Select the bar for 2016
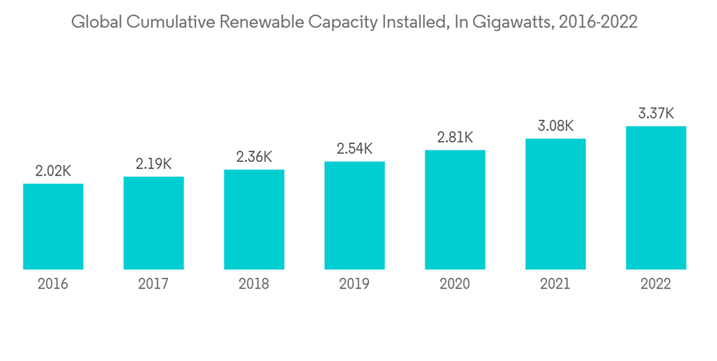pyautogui.click(x=53, y=226)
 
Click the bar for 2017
pyautogui.click(x=153, y=223)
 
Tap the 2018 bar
pyautogui.click(x=254, y=219)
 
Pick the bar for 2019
pyautogui.click(x=354, y=215)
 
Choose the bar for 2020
pyautogui.click(x=455, y=209)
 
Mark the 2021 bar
pyautogui.click(x=555, y=203)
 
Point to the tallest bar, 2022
pyautogui.click(x=656, y=198)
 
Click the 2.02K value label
pyautogui.click(x=53, y=171)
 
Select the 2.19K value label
pyautogui.click(x=153, y=164)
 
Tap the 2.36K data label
pyautogui.click(x=254, y=157)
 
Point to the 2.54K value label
pyautogui.click(x=354, y=149)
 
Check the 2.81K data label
pyautogui.click(x=455, y=138)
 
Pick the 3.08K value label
pyautogui.click(x=555, y=126)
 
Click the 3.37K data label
pyautogui.click(x=656, y=114)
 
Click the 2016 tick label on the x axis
pyautogui.click(x=53, y=284)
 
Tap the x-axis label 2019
pyautogui.click(x=354, y=284)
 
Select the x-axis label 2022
pyautogui.click(x=656, y=284)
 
